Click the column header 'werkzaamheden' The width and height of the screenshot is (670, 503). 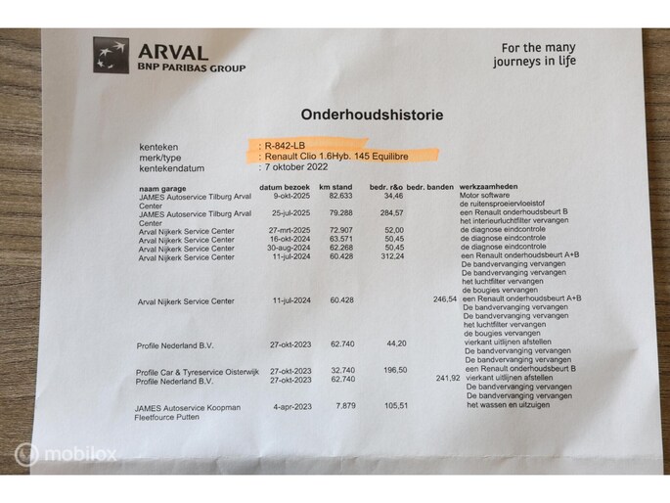coord(491,187)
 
